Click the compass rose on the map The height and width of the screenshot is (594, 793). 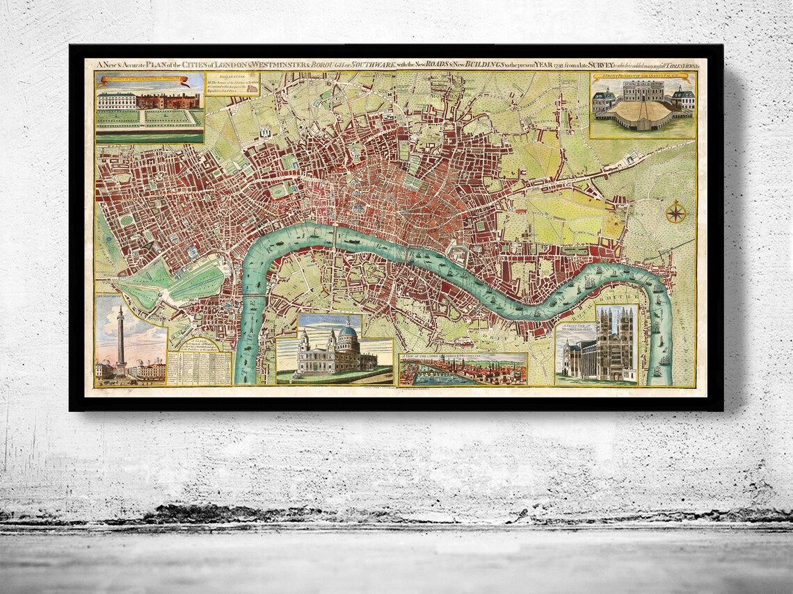click(675, 212)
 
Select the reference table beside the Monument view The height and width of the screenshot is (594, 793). click(200, 365)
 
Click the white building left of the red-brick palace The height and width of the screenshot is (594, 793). click(118, 101)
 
